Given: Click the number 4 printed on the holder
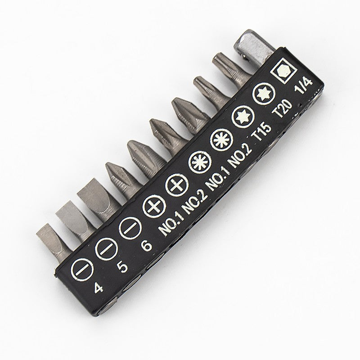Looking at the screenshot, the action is coord(99,288).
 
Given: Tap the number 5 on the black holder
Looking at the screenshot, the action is coord(122,267).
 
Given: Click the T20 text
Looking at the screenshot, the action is coord(283,109).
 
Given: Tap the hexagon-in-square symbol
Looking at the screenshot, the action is coord(282,70).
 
